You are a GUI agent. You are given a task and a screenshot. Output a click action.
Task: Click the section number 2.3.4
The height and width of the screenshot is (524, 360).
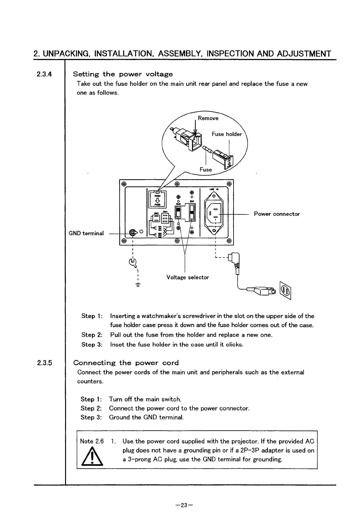click(44, 74)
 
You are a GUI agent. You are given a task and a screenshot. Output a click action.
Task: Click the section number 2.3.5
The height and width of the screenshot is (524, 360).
click(44, 363)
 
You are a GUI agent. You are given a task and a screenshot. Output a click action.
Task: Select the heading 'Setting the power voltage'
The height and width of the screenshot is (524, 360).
click(123, 74)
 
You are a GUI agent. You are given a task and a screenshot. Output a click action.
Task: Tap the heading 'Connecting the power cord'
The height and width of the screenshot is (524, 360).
click(126, 363)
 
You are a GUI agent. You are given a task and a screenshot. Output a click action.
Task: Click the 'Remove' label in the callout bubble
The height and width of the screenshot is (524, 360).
click(208, 118)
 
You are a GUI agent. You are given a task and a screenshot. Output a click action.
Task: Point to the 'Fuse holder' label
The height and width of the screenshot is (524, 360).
click(227, 134)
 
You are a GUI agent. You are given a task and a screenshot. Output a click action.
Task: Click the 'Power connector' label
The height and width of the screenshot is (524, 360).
click(277, 214)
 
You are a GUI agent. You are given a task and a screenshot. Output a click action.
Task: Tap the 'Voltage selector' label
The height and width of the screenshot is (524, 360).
click(188, 277)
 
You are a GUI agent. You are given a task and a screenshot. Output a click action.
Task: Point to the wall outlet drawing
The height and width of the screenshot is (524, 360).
click(286, 291)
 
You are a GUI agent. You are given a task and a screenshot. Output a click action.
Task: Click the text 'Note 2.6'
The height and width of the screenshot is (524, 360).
click(92, 441)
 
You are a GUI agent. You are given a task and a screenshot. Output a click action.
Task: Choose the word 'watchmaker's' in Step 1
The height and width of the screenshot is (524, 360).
click(159, 316)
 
